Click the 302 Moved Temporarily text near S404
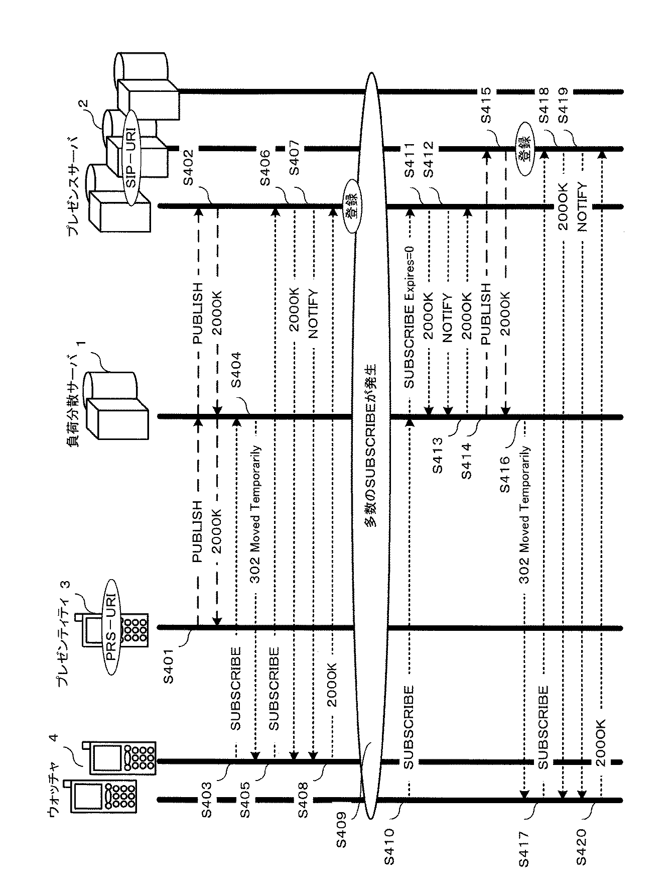255,514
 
